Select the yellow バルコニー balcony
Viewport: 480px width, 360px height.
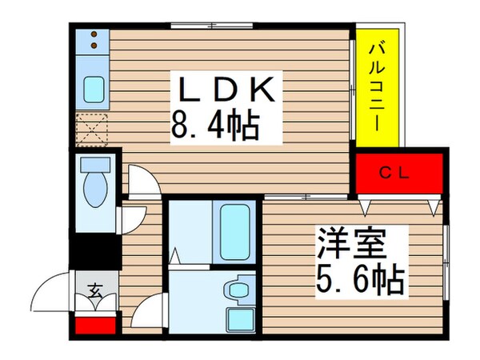[379, 88]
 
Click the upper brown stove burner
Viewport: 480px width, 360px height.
[94, 35]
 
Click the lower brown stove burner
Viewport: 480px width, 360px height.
[94, 46]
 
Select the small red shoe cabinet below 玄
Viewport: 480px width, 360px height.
[94, 325]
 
